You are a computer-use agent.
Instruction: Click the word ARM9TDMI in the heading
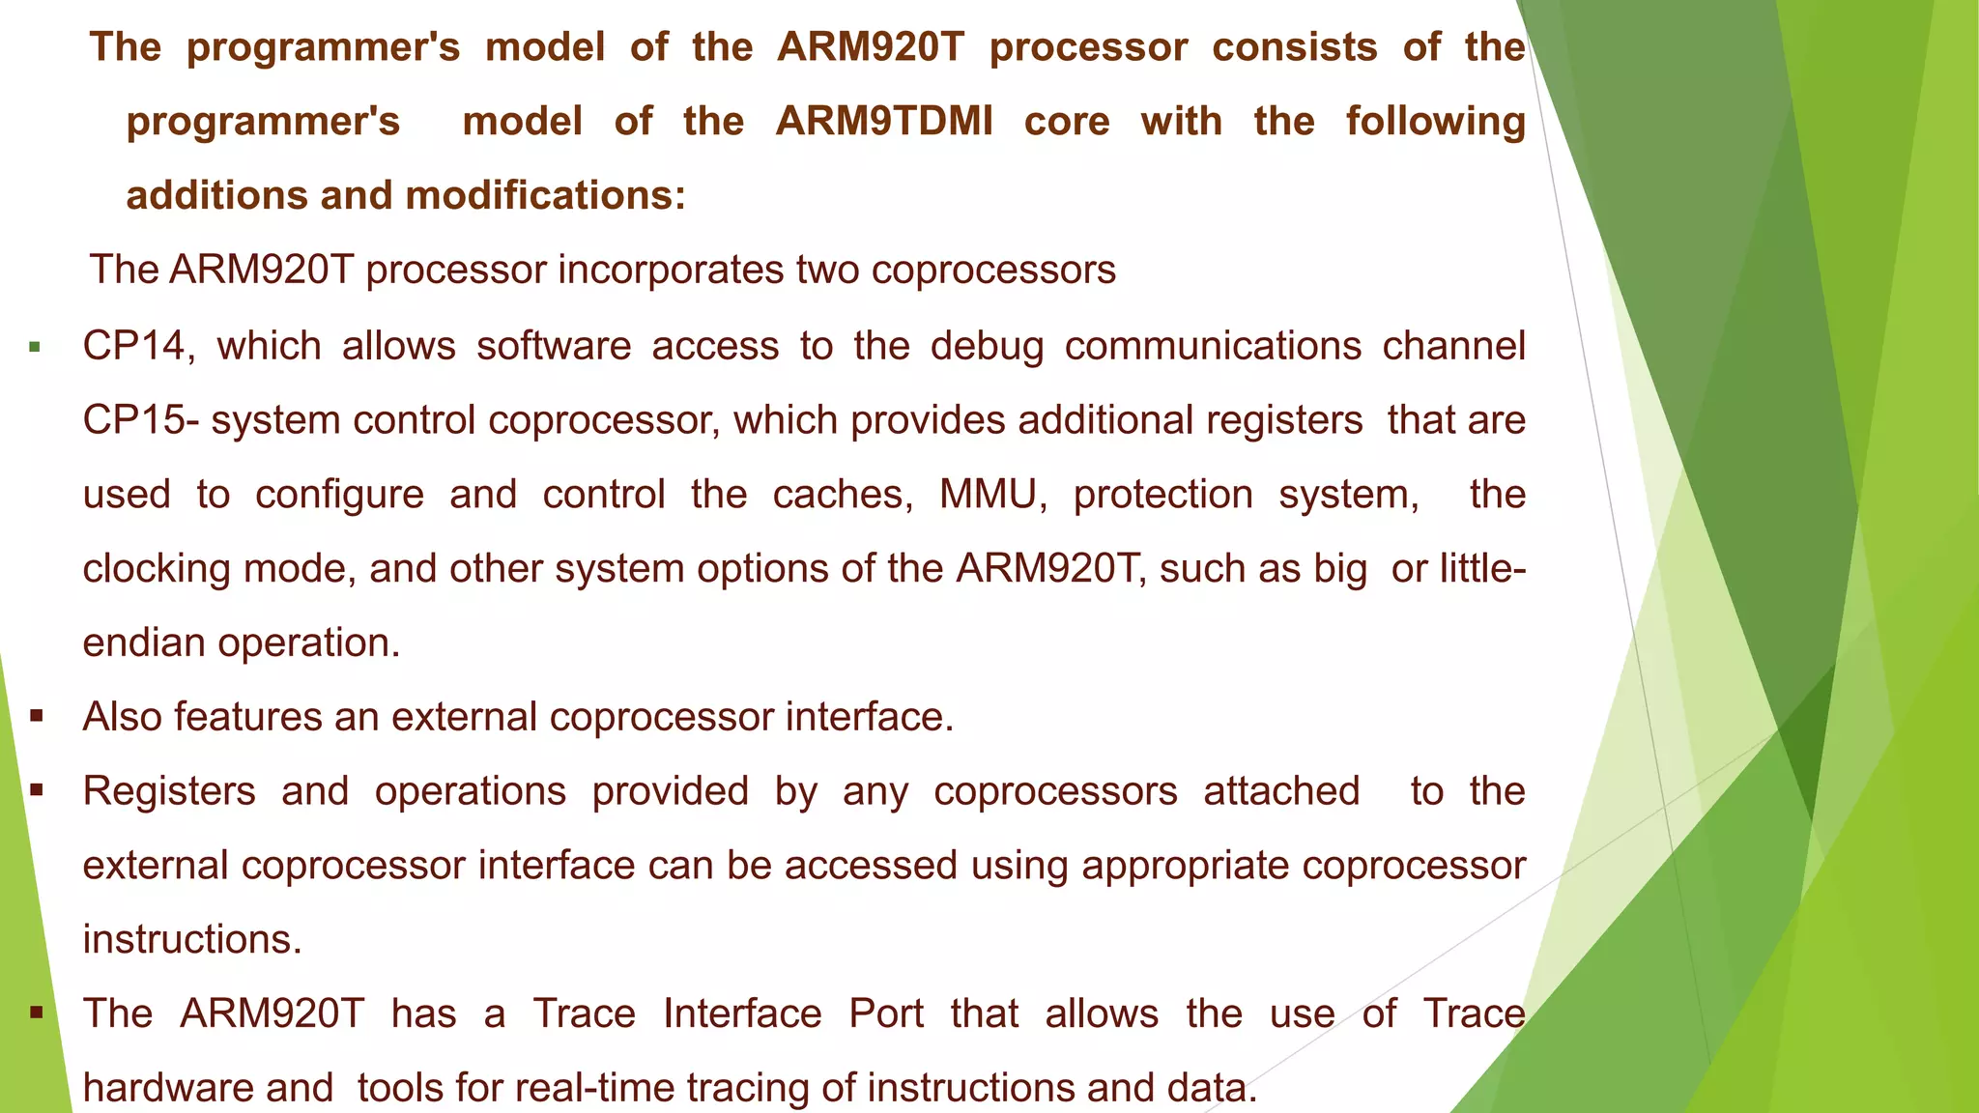883,122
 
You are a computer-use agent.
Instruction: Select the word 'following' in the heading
1435,122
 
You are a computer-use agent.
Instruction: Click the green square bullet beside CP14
36,347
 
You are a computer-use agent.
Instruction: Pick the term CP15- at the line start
141,420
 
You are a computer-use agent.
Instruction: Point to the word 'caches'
842,495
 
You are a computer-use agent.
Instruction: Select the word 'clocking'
157,569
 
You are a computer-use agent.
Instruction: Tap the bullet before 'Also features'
37,717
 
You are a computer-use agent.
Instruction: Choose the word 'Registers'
169,791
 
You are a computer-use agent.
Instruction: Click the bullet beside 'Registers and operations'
37,791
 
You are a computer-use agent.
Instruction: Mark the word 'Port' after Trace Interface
886,1013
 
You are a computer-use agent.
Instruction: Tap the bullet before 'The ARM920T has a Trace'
37,1013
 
